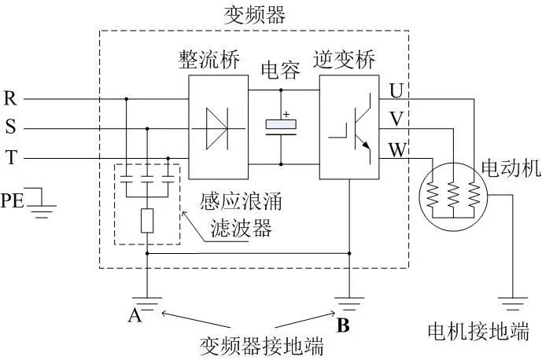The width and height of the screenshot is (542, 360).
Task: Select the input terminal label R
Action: [x=11, y=99]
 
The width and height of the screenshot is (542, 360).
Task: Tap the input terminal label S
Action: [x=10, y=128]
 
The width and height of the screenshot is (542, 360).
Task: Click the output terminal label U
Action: [x=396, y=91]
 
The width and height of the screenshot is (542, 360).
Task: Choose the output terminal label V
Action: [x=396, y=119]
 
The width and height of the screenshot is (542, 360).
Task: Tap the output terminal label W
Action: [x=396, y=148]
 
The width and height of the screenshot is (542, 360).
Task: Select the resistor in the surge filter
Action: [x=148, y=222]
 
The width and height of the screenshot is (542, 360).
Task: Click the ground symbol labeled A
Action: [x=147, y=299]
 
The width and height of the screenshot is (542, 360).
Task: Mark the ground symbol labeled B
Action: [x=348, y=299]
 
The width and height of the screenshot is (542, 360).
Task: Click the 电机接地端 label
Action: [x=477, y=330]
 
